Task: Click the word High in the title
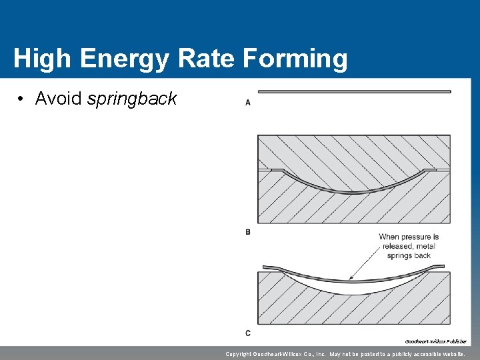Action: click(41, 59)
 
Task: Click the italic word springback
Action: click(132, 99)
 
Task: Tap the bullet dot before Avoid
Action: click(22, 99)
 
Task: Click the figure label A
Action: click(248, 102)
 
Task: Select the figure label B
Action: click(248, 232)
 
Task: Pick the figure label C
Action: click(248, 333)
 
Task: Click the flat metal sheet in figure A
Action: click(353, 92)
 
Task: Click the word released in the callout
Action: click(399, 246)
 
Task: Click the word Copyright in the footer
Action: click(243, 354)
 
